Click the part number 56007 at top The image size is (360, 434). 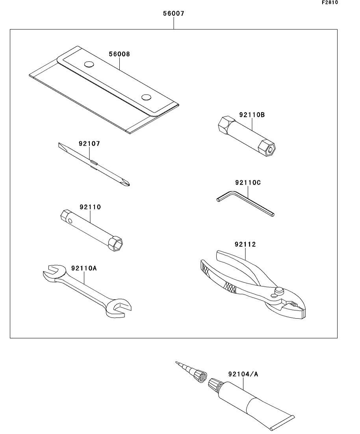(x=173, y=13)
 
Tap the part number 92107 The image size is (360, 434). (x=89, y=144)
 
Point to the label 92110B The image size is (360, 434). (x=252, y=115)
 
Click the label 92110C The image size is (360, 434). (x=248, y=183)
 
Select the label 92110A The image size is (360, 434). (x=84, y=268)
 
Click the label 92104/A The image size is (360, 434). (x=243, y=374)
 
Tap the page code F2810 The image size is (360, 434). (x=330, y=3)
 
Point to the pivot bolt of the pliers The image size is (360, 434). (x=279, y=291)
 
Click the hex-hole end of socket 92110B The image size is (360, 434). (x=269, y=149)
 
